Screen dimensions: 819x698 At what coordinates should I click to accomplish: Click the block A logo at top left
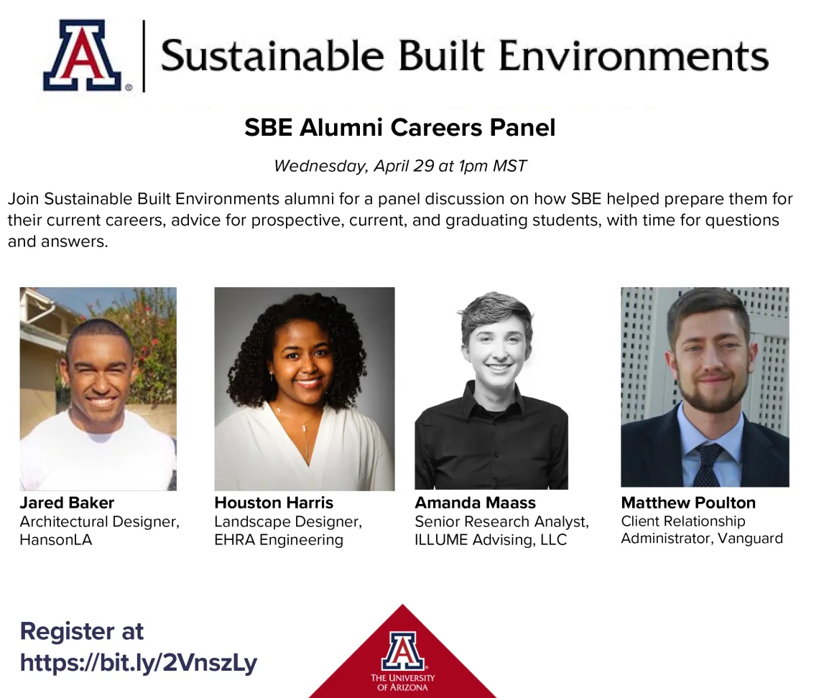(x=82, y=55)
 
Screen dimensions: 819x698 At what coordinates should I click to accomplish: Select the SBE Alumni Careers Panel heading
(x=399, y=127)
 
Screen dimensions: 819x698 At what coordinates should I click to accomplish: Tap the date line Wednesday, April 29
(x=400, y=166)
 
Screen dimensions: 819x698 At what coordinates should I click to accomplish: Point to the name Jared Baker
(x=67, y=502)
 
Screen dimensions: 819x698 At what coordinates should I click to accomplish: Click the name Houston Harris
(x=274, y=502)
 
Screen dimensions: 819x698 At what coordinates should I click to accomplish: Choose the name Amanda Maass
(x=476, y=502)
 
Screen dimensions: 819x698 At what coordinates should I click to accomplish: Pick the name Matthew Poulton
(x=688, y=502)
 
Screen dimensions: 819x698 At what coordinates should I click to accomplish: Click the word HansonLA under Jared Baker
(x=56, y=539)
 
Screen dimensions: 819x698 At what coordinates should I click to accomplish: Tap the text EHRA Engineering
(x=279, y=540)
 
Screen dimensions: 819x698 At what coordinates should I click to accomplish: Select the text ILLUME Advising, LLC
(x=491, y=540)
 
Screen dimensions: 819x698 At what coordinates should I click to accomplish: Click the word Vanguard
(x=750, y=539)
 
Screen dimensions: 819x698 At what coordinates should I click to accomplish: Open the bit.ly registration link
(x=139, y=663)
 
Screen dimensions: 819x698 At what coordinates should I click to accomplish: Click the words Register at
(x=81, y=630)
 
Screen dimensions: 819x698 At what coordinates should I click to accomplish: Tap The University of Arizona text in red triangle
(x=403, y=682)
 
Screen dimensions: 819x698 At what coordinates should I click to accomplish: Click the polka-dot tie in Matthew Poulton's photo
(x=709, y=464)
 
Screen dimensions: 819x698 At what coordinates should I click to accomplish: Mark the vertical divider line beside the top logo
(x=144, y=57)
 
